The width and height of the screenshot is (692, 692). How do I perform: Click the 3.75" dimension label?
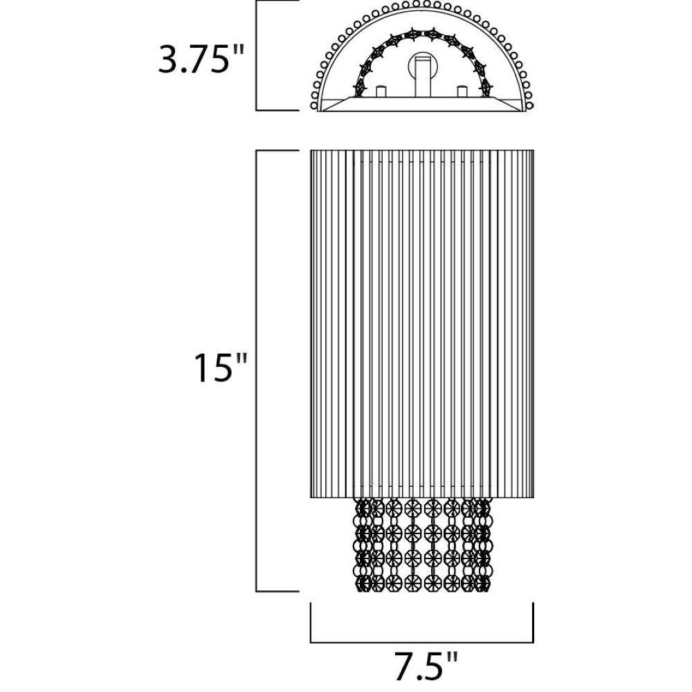point(201,57)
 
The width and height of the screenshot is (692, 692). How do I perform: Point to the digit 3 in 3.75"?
point(169,58)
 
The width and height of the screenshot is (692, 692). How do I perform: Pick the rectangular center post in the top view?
point(423,77)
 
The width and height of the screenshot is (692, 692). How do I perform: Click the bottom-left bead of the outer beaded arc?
point(314,105)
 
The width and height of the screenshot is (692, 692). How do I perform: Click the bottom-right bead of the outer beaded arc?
point(530,105)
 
